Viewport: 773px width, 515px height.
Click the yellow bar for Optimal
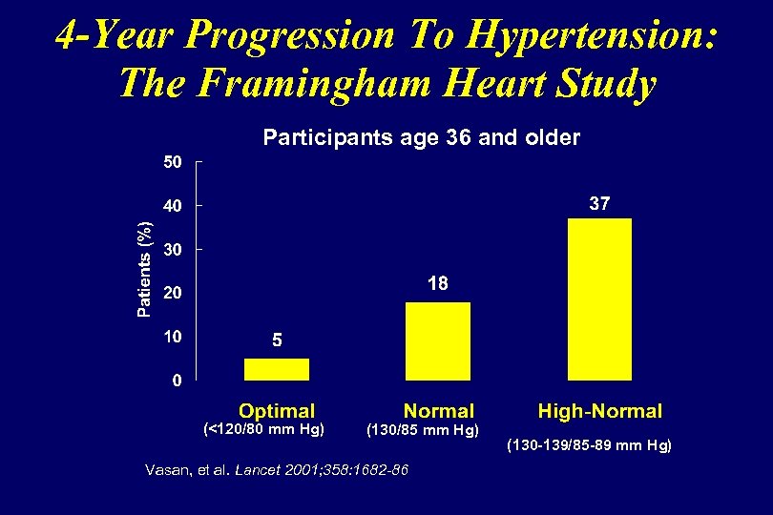point(277,369)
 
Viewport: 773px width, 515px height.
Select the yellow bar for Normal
point(438,341)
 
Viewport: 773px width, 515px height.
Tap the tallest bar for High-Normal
point(599,299)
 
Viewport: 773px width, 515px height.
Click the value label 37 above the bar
point(599,204)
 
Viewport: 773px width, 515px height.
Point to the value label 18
point(438,284)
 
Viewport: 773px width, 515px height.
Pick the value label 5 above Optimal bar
point(277,340)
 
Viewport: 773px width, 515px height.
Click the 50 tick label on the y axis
point(171,163)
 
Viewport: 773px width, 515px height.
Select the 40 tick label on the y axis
point(171,206)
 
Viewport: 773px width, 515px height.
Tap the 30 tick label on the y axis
point(171,250)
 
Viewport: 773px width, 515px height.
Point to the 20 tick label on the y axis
point(171,294)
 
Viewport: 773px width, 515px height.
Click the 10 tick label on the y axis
point(171,337)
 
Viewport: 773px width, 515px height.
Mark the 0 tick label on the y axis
point(177,381)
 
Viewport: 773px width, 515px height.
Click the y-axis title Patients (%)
point(144,269)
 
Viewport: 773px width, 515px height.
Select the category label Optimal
point(277,411)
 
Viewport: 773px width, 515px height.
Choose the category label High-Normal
point(599,411)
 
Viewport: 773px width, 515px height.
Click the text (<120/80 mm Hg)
point(265,429)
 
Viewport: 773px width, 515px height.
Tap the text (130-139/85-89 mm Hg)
point(589,445)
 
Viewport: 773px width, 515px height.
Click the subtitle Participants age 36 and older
point(421,137)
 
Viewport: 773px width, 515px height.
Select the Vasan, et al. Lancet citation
point(276,469)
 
